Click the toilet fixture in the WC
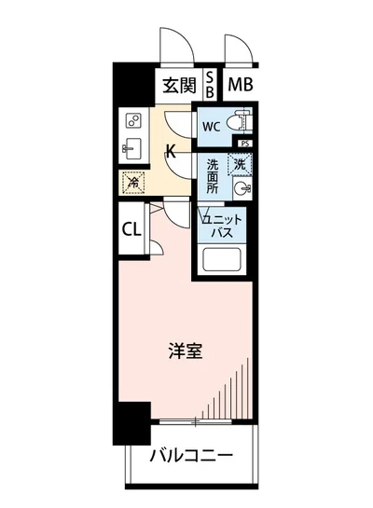coord(240,121)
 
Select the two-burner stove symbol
coord(131,121)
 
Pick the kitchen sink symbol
coord(131,149)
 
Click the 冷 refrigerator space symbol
coord(130,181)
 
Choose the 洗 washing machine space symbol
coord(242,163)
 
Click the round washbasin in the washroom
coord(243,188)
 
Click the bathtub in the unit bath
coord(224,261)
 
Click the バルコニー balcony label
coord(192,457)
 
